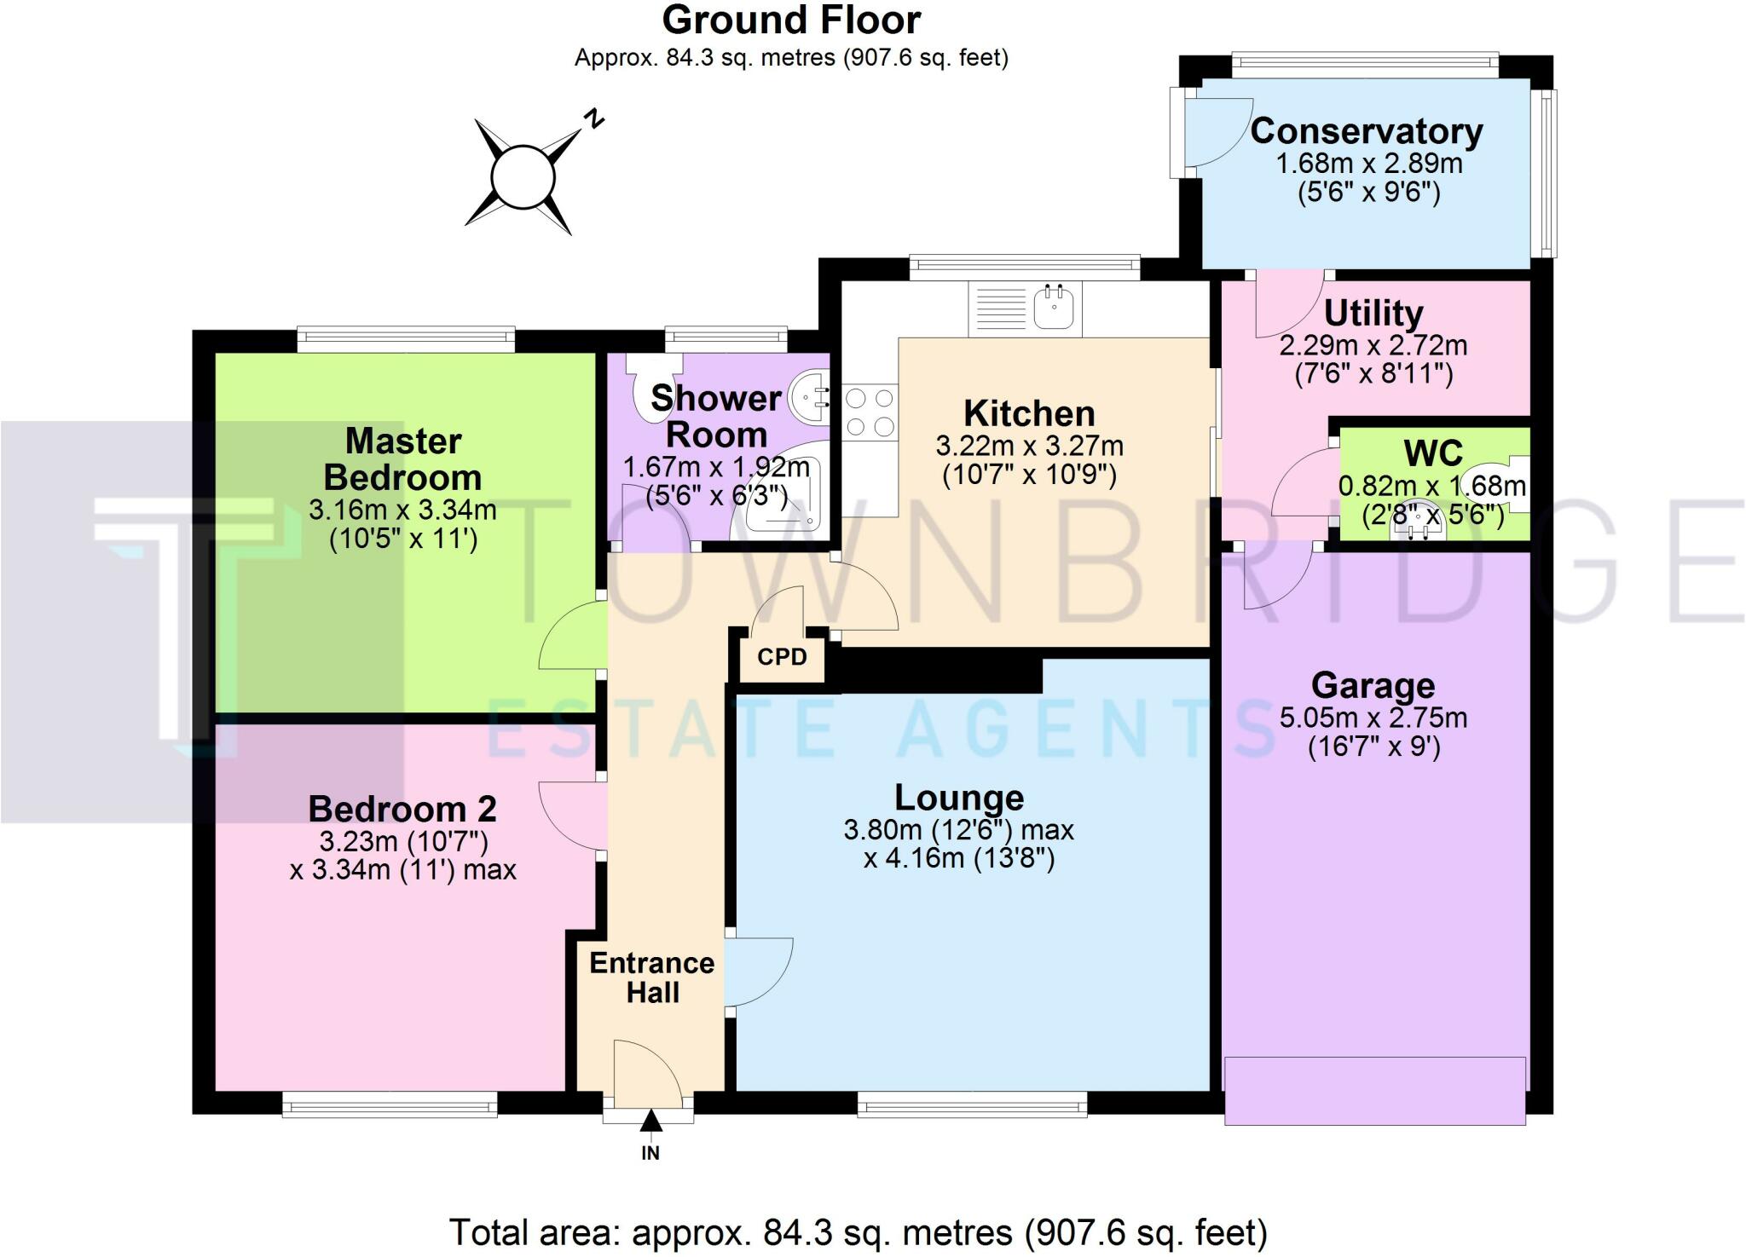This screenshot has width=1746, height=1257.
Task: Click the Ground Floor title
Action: point(791,20)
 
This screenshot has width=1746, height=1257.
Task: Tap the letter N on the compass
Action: point(594,118)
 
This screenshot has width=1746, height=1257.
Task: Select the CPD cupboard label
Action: point(782,657)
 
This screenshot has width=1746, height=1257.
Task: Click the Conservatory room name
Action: point(1367,131)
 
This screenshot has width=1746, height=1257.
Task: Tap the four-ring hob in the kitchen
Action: point(870,412)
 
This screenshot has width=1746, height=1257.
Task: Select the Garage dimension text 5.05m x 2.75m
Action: point(1373,718)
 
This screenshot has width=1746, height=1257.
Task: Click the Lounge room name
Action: point(959,797)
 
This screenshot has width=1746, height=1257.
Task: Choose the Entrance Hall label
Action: point(652,977)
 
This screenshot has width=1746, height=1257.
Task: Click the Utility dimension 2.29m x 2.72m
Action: point(1373,346)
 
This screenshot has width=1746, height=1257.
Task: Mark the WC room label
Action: point(1433,453)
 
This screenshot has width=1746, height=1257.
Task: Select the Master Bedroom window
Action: point(406,340)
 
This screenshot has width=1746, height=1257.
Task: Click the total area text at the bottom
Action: point(859,1232)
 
